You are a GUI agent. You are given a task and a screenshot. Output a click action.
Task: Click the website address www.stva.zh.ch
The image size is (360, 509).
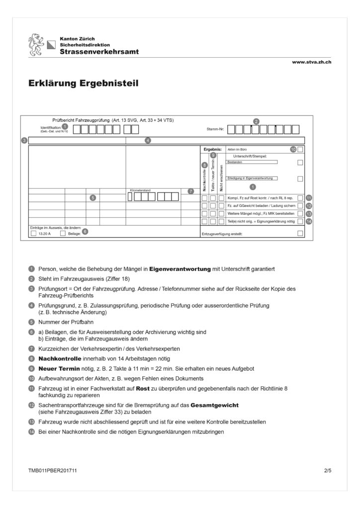[x=312, y=62]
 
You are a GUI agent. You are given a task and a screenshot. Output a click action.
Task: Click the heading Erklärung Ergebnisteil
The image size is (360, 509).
[x=84, y=84]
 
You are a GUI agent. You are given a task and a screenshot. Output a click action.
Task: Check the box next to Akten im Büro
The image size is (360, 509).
[x=300, y=149]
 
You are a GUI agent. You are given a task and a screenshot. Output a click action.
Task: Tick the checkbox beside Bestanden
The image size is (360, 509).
[x=300, y=163]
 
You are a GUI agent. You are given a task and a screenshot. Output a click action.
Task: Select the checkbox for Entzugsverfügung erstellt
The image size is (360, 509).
[x=300, y=233]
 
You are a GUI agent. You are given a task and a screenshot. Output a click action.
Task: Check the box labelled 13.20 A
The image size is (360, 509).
[x=33, y=233]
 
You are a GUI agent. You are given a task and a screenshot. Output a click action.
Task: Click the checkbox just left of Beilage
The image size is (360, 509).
[x=63, y=233]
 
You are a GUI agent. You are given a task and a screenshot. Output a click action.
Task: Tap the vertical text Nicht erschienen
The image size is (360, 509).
[x=221, y=176]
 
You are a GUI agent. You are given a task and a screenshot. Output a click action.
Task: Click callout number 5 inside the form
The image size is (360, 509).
[x=92, y=197]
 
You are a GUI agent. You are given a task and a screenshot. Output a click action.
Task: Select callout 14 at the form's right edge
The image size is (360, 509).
[x=309, y=221]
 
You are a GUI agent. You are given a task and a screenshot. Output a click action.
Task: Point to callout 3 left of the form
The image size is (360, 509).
[x=24, y=141]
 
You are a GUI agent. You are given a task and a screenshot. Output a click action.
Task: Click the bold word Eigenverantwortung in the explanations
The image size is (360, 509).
[x=177, y=269]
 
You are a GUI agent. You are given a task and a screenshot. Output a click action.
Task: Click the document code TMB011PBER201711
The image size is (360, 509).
[x=52, y=470]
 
